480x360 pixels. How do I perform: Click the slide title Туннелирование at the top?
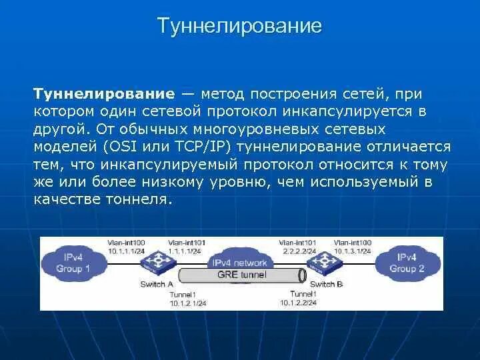(x=239, y=26)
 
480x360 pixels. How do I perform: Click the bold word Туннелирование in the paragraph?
(x=105, y=95)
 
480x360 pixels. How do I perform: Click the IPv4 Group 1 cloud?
(x=73, y=263)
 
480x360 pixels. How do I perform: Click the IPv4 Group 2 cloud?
(x=407, y=263)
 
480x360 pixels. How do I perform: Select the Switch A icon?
(x=159, y=261)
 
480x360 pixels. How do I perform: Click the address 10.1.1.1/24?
(x=127, y=250)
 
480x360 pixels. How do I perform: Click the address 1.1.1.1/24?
(x=185, y=250)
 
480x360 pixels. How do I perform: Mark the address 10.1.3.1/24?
(x=353, y=250)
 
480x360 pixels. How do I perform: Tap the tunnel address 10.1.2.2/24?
(x=297, y=302)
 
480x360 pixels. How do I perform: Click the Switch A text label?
(x=157, y=284)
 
